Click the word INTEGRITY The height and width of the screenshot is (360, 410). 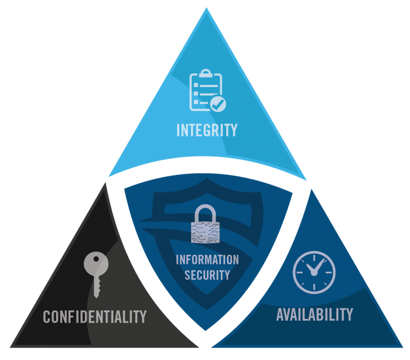pyautogui.click(x=207, y=130)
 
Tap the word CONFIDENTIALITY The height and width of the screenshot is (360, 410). pyautogui.click(x=95, y=317)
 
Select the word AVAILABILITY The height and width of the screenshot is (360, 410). pyautogui.click(x=315, y=314)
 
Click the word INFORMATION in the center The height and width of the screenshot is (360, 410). pyautogui.click(x=207, y=260)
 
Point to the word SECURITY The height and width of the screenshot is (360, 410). pyautogui.click(x=207, y=275)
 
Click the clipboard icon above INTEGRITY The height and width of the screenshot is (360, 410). pyautogui.click(x=207, y=90)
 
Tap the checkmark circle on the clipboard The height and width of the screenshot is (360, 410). pyautogui.click(x=218, y=104)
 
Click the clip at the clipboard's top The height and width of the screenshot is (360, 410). pyautogui.click(x=206, y=73)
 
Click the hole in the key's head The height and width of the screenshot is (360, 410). pyautogui.click(x=96, y=259)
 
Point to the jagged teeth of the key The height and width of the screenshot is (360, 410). pyautogui.click(x=98, y=287)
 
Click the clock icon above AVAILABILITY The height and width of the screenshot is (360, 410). pyautogui.click(x=314, y=272)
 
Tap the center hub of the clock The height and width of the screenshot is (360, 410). pyautogui.click(x=314, y=273)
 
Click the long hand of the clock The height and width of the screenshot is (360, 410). pyautogui.click(x=320, y=265)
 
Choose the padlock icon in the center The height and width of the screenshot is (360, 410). pyautogui.click(x=205, y=224)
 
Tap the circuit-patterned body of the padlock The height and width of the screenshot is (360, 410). pyautogui.click(x=205, y=233)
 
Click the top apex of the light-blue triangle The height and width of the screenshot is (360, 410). pyautogui.click(x=206, y=8)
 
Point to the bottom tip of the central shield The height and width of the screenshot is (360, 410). pyautogui.click(x=205, y=330)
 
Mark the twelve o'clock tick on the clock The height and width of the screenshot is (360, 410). pyautogui.click(x=314, y=258)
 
